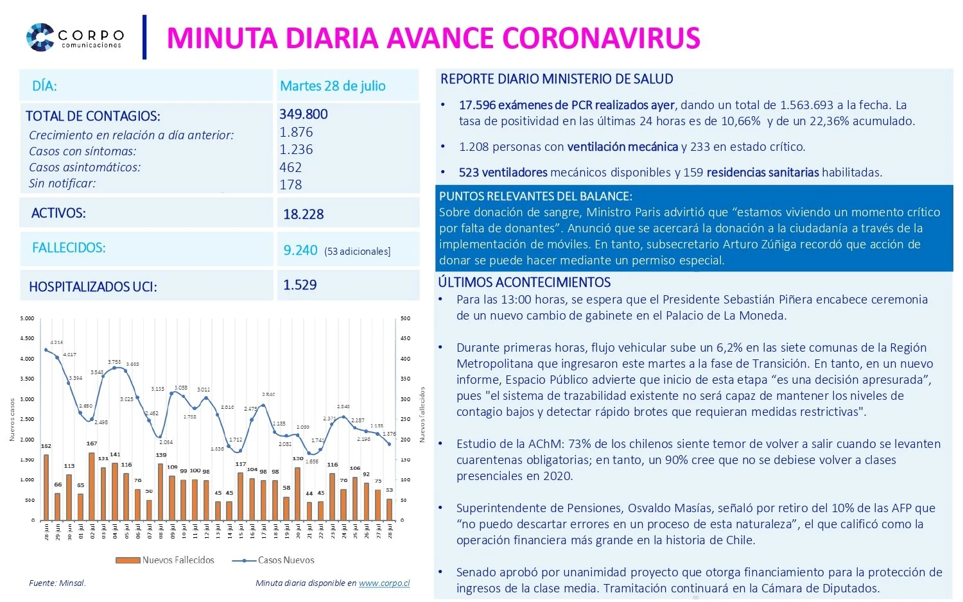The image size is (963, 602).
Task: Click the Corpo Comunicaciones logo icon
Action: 40,37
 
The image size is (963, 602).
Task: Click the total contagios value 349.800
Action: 304,114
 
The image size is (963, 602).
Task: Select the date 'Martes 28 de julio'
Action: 333,86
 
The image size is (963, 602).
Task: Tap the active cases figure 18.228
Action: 304,214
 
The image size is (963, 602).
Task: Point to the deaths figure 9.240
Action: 300,250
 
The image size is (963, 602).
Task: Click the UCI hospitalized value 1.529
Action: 300,285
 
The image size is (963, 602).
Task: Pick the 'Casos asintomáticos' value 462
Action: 290,168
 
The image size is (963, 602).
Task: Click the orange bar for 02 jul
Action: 92,486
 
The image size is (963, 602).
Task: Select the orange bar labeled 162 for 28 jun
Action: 46,488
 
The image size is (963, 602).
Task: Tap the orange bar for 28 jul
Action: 389,510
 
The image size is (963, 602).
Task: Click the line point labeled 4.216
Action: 46,350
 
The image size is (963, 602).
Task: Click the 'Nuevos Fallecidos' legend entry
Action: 166,560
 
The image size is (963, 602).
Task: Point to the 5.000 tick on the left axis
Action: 27,318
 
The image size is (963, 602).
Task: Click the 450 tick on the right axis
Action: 405,338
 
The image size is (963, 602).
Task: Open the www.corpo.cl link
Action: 384,583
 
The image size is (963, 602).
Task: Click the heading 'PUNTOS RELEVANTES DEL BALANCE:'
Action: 535,196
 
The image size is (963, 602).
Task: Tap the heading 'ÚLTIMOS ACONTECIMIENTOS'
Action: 524,282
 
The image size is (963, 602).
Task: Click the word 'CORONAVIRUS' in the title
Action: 601,38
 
